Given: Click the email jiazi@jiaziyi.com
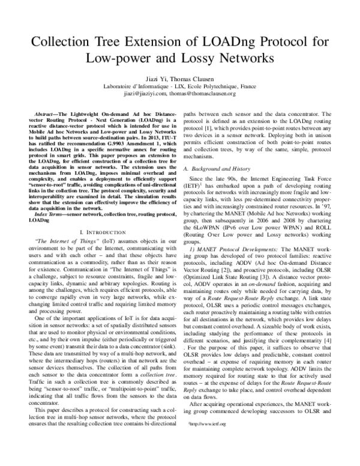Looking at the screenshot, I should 143,94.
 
